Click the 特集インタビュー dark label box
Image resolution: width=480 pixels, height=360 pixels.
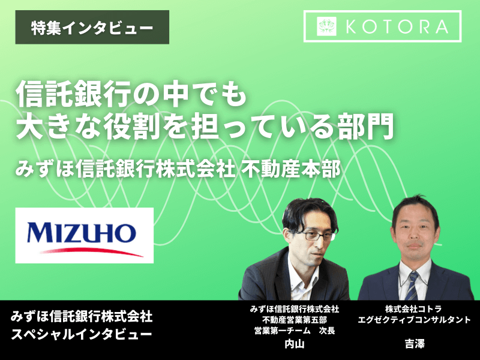point(92,27)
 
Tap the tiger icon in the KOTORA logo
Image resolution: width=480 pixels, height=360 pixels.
point(326,26)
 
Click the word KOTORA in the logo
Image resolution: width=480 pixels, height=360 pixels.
point(397,26)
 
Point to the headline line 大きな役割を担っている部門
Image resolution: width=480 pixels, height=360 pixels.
point(205,126)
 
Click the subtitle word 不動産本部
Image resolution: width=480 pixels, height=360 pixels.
point(291,169)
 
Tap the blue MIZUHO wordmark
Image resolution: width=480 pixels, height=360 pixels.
point(82,233)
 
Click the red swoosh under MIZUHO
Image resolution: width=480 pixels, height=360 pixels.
point(91,251)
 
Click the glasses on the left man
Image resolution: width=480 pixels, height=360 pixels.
point(316,236)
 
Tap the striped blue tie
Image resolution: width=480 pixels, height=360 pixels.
point(412,286)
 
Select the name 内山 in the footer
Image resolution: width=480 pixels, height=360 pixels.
point(295,344)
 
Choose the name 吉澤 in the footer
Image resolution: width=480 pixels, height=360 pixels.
point(415,344)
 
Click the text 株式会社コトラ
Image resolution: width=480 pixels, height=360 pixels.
point(413,309)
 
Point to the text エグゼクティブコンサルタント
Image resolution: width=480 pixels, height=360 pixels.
point(414,320)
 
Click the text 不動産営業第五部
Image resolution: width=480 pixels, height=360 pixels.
point(295,320)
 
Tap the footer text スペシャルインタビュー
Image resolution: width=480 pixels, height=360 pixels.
point(82,334)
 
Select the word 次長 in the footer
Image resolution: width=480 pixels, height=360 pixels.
point(327,331)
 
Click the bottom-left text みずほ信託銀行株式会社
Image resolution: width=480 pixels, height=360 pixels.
point(82,317)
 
